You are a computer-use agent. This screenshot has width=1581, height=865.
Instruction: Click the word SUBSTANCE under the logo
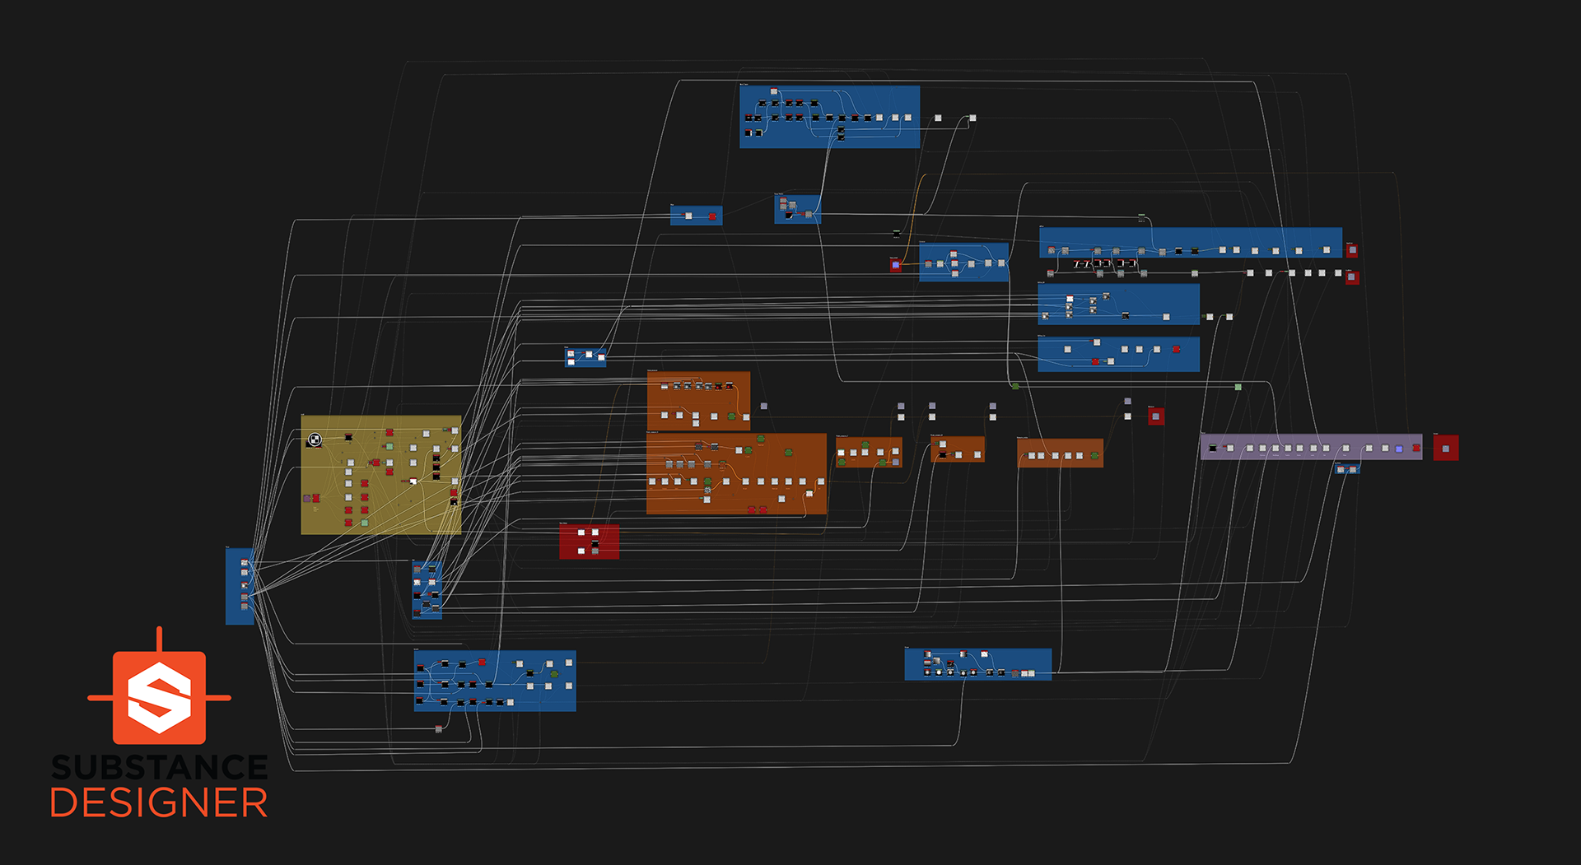(159, 768)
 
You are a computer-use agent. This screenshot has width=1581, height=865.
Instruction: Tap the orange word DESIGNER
(159, 803)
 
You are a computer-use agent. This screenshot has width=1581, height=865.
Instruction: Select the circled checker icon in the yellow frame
(314, 440)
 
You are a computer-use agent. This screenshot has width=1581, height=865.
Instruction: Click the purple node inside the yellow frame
(307, 498)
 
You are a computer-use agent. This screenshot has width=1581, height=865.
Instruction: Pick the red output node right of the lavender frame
(1445, 448)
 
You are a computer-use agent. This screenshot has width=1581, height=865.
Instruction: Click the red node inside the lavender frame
(1415, 449)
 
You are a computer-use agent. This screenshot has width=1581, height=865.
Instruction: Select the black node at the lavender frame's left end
(1211, 448)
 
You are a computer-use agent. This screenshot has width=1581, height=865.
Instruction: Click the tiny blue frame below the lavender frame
(1346, 469)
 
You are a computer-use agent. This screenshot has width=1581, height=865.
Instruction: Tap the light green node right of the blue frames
(1238, 387)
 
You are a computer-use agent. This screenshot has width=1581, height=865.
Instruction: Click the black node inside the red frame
(595, 543)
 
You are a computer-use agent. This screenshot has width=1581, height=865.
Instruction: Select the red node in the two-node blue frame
(712, 216)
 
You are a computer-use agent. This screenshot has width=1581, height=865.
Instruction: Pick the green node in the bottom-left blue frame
(554, 675)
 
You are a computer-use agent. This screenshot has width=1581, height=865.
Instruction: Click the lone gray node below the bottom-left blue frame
(438, 729)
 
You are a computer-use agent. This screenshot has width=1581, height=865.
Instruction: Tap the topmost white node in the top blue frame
(773, 91)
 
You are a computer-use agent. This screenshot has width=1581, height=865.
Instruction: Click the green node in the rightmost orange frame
(1094, 455)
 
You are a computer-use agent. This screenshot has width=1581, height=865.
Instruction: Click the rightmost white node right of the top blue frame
(972, 119)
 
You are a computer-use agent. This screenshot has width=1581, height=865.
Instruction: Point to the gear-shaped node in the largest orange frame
(707, 491)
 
